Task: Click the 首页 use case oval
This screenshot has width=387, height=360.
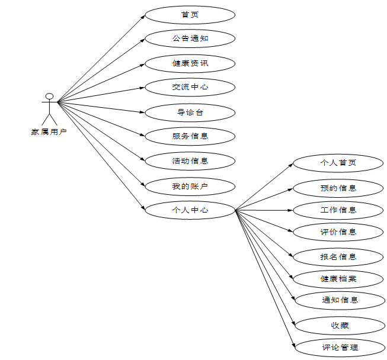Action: [190, 15]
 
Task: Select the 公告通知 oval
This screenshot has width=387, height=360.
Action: [190, 39]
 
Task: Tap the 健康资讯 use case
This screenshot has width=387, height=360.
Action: [190, 63]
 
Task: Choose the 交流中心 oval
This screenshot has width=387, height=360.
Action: [190, 87]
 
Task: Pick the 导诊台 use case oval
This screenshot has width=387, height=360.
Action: [190, 112]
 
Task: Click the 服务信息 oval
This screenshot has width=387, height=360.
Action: [190, 136]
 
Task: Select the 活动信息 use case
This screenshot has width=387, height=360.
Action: [190, 160]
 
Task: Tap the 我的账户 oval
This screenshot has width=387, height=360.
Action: [190, 187]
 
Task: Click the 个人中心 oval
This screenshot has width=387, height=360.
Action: [190, 210]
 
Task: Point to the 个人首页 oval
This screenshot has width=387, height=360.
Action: [338, 163]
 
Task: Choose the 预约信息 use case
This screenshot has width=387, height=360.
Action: [338, 188]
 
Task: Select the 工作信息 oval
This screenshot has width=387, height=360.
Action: [338, 210]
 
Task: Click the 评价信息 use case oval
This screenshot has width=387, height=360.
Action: [338, 232]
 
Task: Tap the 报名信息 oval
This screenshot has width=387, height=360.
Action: [338, 257]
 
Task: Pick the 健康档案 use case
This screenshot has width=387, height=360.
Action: [338, 278]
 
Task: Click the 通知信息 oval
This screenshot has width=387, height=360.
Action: [338, 300]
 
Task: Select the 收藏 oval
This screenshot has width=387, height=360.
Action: [338, 326]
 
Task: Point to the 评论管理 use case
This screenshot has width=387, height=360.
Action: [338, 347]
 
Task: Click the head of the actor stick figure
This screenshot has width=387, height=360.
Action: [50, 96]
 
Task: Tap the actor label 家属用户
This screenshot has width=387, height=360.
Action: [49, 132]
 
